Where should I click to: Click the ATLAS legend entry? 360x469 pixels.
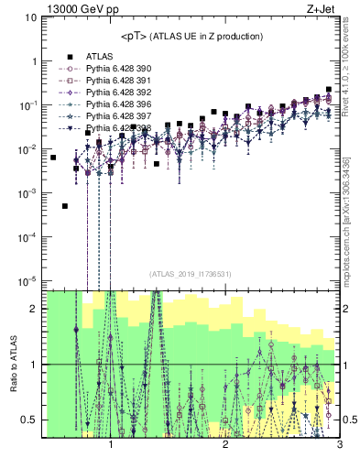[98, 57]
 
